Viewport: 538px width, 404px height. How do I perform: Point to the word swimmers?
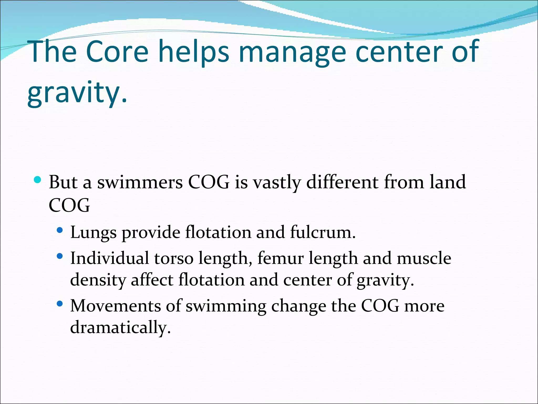click(x=140, y=182)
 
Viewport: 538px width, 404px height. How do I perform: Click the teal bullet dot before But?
click(x=38, y=180)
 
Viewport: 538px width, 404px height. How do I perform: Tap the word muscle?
click(x=424, y=258)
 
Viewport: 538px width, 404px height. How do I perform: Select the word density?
click(x=98, y=280)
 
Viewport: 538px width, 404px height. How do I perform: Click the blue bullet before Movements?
click(x=60, y=304)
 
